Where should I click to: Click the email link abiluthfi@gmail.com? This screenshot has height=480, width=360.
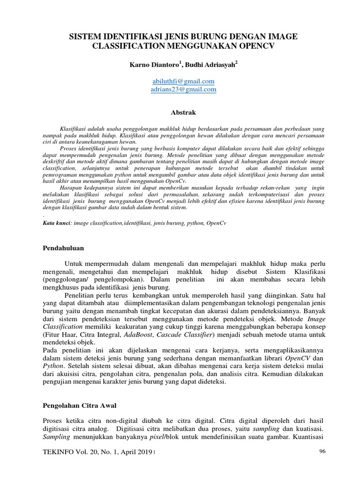click(x=180, y=81)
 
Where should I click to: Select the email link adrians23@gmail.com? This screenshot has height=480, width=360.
click(x=180, y=89)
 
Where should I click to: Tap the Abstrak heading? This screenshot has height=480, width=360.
click(x=180, y=112)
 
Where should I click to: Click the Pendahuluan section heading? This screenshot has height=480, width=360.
click(x=63, y=247)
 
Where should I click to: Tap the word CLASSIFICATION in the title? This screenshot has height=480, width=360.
click(x=126, y=46)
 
